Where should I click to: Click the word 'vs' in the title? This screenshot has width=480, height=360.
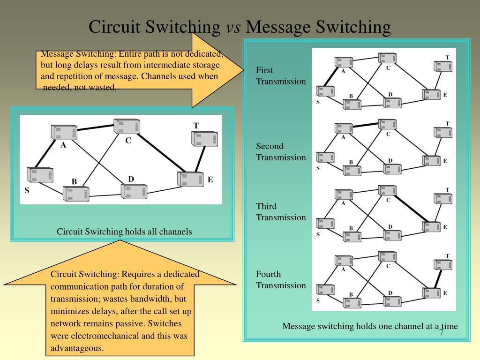(233, 27)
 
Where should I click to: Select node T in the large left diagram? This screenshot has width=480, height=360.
(204, 138)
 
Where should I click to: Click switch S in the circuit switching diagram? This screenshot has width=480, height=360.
(40, 175)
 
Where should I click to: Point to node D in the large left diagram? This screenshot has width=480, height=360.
(134, 191)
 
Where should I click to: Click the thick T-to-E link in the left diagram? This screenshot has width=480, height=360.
(200, 159)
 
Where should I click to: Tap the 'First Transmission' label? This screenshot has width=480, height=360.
(280, 76)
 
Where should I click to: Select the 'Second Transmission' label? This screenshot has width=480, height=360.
(280, 152)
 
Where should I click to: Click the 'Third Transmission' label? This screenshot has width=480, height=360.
(280, 212)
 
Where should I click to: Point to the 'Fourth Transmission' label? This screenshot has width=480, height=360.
(280, 280)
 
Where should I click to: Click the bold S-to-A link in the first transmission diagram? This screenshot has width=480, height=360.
(330, 76)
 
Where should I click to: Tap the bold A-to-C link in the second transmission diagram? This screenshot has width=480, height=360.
(366, 125)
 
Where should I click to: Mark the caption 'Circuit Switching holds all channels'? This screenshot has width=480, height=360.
(124, 232)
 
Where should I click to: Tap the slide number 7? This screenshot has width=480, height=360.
(442, 332)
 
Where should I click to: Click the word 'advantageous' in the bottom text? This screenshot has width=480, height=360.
(77, 348)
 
